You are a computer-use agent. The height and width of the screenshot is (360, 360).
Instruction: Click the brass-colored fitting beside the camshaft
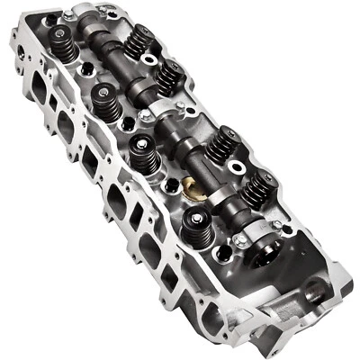coord(190,187)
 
